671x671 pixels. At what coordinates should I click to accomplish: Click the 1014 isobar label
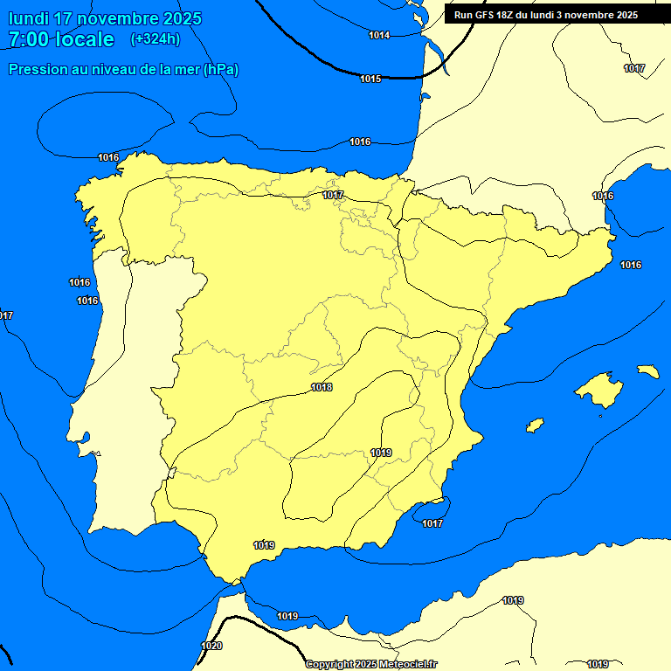coord(379,35)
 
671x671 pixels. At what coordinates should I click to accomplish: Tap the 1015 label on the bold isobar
coord(370,79)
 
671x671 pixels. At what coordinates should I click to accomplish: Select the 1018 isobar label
coord(322,387)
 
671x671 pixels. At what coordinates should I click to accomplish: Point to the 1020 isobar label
coord(211,646)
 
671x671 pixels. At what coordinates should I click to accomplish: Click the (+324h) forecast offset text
coord(155,38)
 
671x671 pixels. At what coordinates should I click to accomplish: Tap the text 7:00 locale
coord(61,39)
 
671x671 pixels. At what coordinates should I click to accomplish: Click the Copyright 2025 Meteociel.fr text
coord(371,664)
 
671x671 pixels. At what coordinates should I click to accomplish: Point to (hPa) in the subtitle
coord(220,69)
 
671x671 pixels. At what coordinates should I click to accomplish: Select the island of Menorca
coord(647,371)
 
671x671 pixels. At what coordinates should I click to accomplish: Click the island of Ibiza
coord(535,425)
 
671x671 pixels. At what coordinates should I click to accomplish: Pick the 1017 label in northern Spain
coord(333,195)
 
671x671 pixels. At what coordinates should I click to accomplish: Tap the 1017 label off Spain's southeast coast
coord(432,523)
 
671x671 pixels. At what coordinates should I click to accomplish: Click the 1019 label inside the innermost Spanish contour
coord(381,452)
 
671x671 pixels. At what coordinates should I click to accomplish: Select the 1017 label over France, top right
coord(634,68)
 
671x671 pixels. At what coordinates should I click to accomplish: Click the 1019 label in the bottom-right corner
coord(598,664)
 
